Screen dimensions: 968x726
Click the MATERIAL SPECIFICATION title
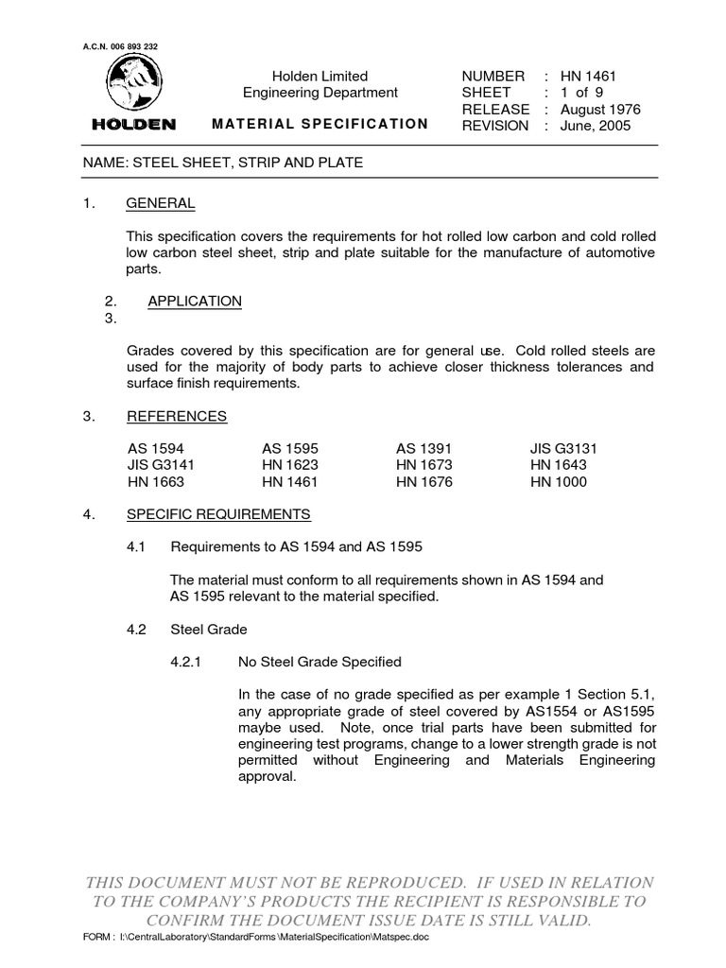coord(320,124)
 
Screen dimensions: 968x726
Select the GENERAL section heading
coord(161,203)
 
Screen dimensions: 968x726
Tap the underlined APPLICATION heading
coord(195,302)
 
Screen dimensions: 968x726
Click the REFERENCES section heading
coord(177,417)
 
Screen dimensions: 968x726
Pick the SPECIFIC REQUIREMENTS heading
coord(218,515)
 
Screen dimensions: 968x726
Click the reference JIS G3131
coord(563,449)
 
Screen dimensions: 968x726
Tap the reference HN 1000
coord(559,482)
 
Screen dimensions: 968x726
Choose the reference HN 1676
coord(424,482)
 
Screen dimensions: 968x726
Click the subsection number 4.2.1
coord(187,662)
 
